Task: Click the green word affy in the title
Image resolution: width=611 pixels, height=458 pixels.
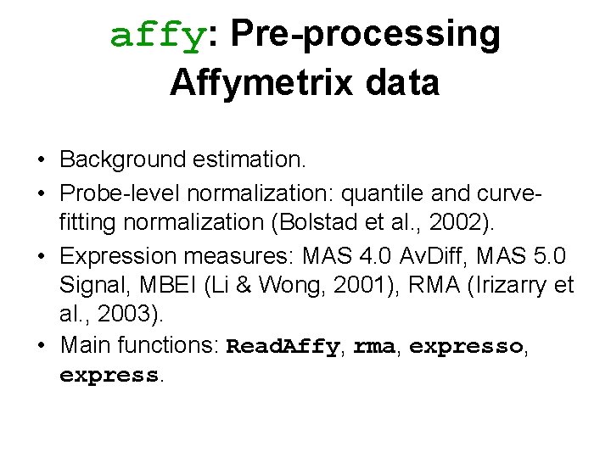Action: (x=158, y=36)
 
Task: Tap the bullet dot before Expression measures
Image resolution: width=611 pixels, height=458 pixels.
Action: (x=41, y=254)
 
